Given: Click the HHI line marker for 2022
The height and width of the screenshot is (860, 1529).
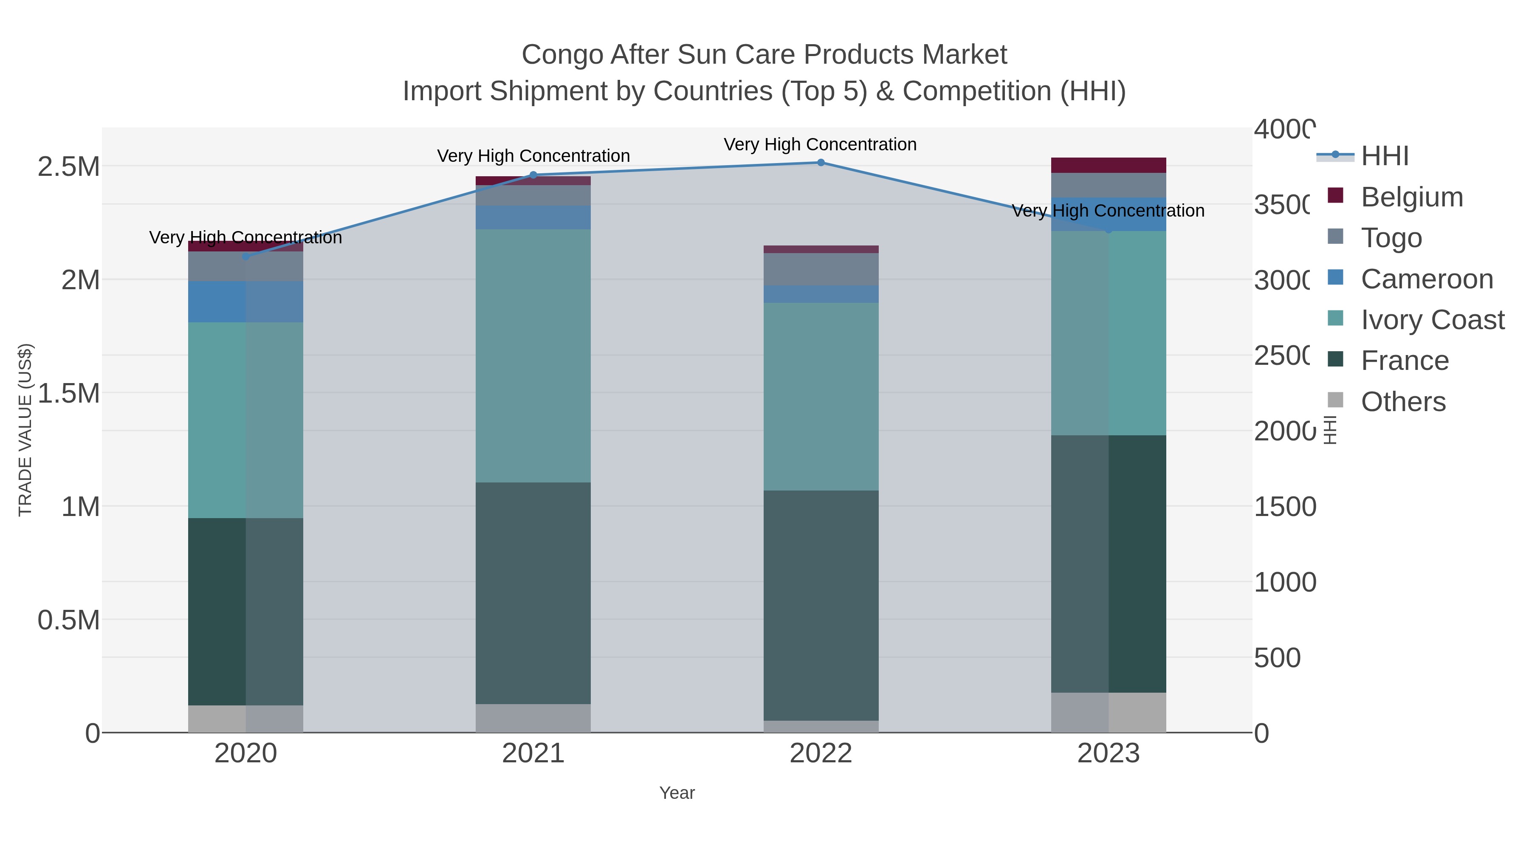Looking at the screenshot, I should point(821,163).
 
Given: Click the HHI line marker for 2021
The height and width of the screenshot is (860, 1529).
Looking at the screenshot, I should point(533,175).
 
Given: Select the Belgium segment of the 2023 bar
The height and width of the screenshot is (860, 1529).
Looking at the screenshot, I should point(1108,165).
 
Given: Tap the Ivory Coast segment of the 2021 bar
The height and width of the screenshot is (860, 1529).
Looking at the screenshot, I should point(533,356).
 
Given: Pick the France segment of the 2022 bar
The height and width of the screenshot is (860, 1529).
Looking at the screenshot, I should point(821,605).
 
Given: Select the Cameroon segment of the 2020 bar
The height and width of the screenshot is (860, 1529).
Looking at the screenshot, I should point(246,302).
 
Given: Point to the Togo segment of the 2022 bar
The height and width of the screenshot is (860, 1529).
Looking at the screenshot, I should point(821,269).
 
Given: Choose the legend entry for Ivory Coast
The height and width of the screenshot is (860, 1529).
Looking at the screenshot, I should point(1432,320).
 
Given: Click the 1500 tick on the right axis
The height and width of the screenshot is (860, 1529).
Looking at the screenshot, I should point(1285,507).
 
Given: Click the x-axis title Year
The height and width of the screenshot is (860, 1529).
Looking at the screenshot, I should point(677,793).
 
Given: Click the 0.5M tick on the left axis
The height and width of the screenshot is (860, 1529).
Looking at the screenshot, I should point(68,620).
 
